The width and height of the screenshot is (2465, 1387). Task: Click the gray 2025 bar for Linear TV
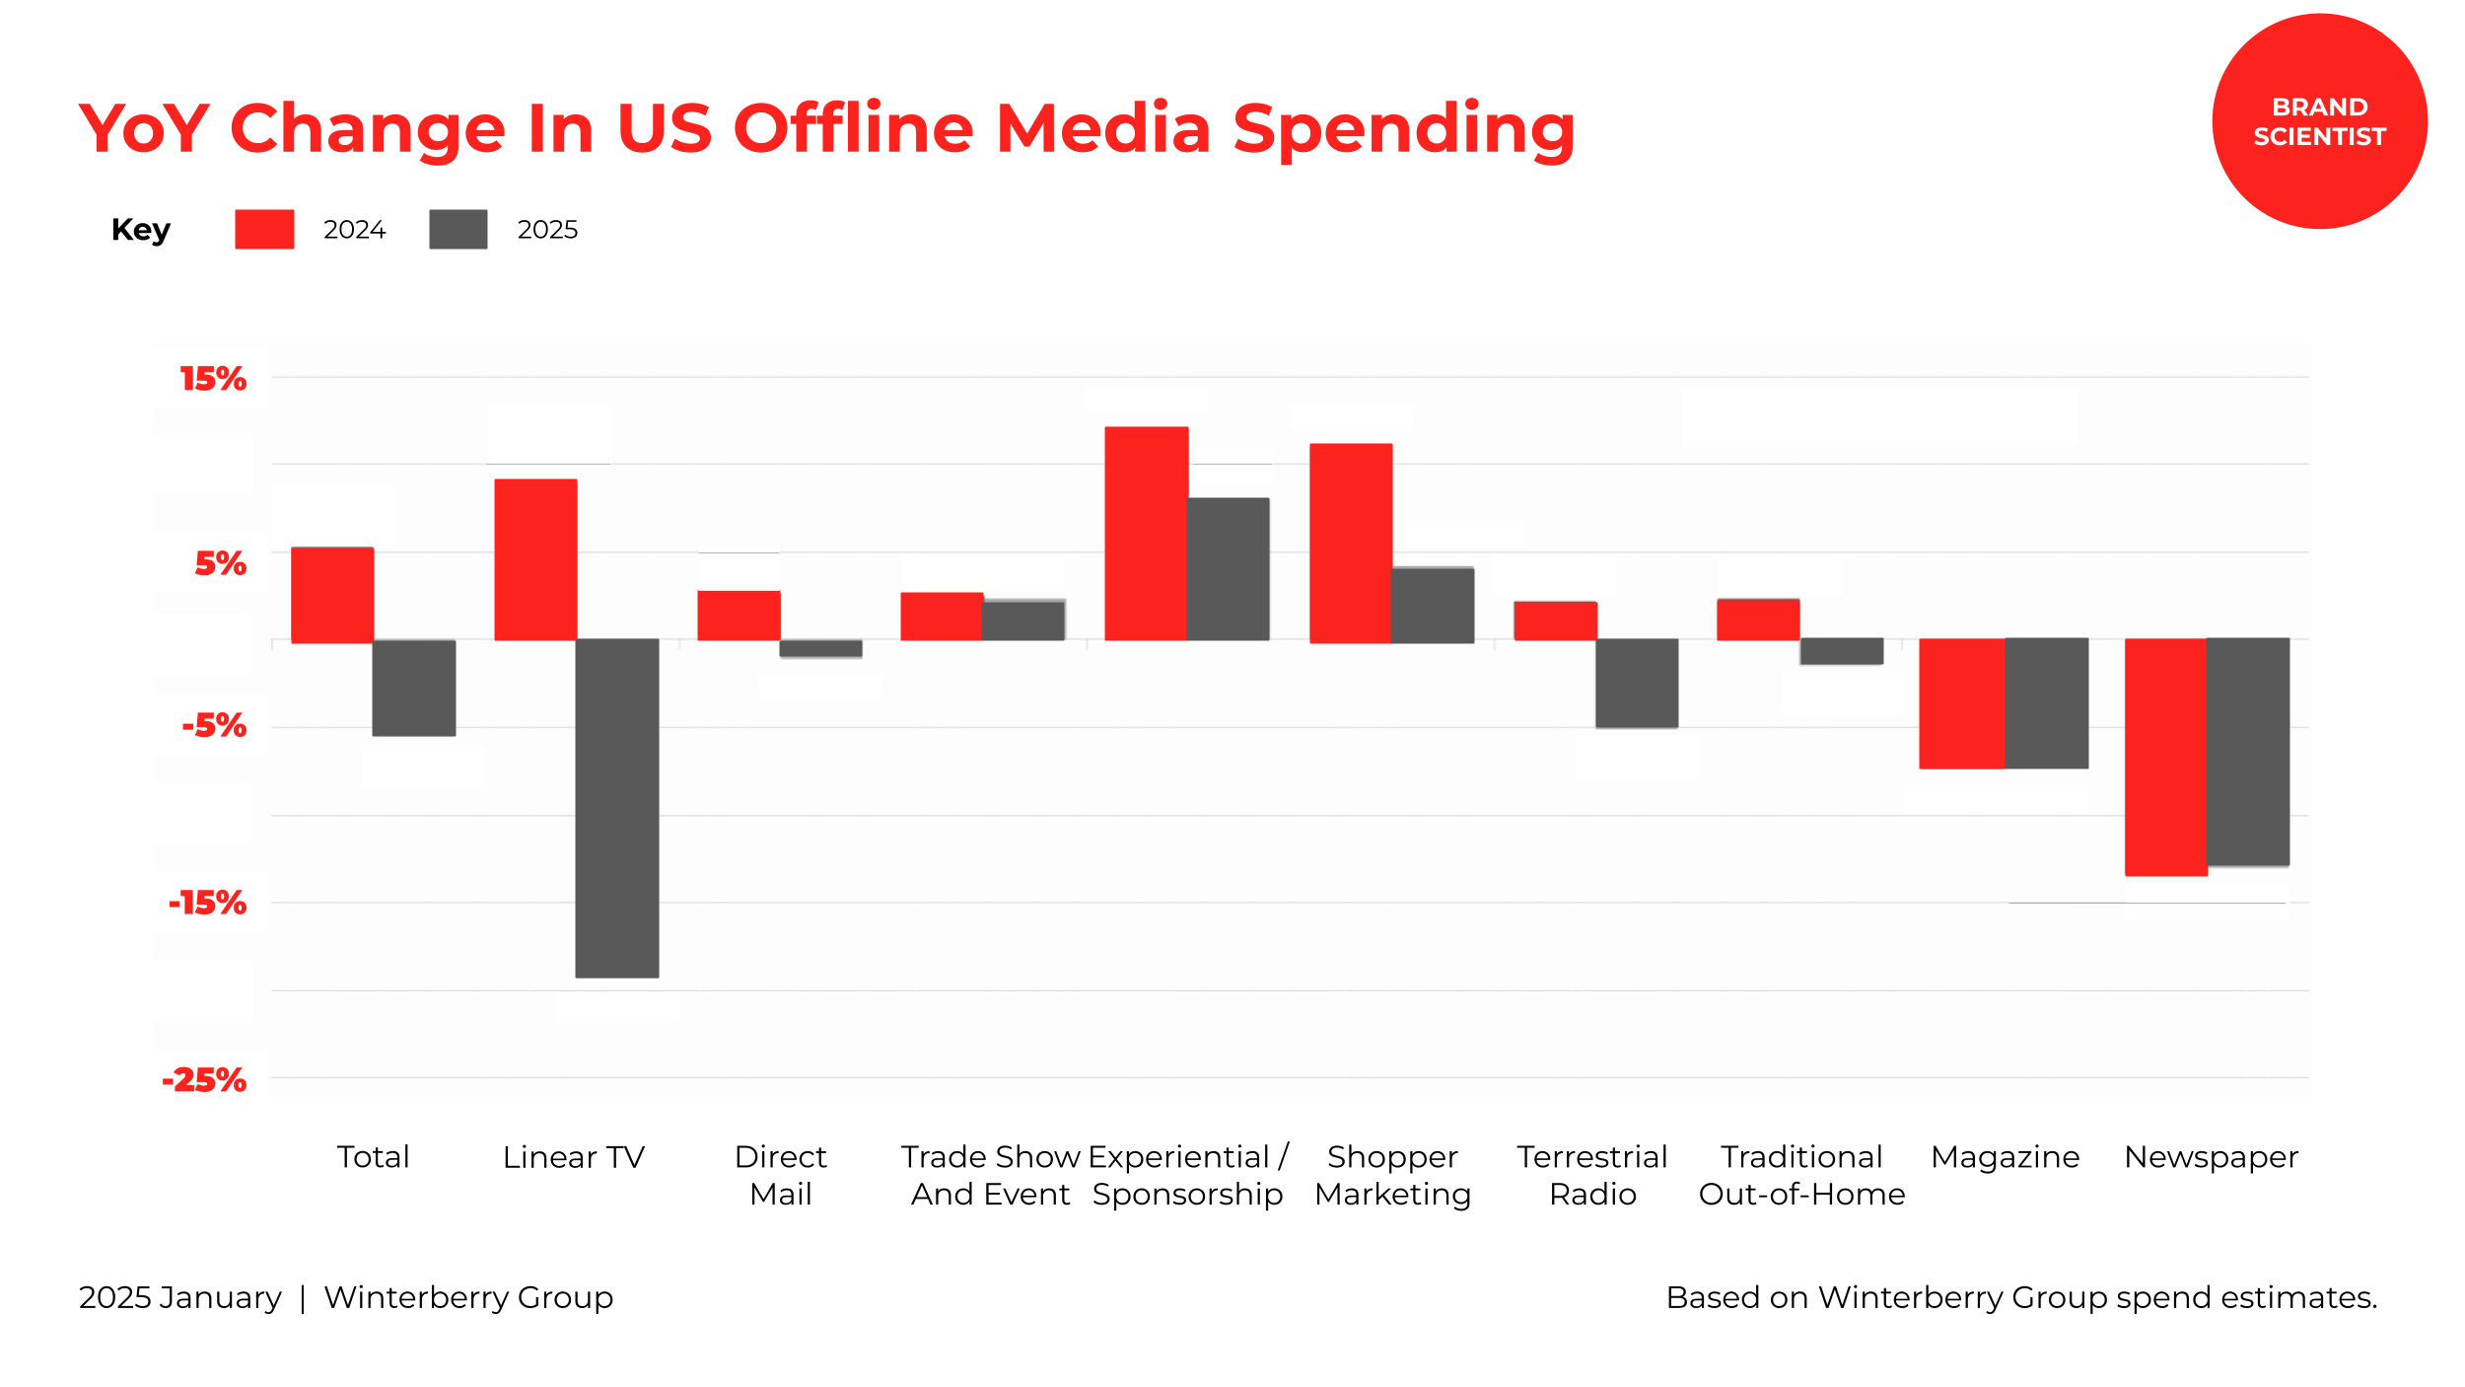(x=616, y=808)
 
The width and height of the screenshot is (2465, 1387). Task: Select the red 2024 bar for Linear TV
(x=535, y=559)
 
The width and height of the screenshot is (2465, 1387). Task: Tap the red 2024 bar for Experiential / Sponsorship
(x=1146, y=534)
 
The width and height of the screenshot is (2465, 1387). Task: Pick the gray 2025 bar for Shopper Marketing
(x=1433, y=605)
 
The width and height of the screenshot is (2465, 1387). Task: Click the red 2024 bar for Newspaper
(x=2165, y=757)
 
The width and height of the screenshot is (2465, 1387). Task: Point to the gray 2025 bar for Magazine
(x=2046, y=703)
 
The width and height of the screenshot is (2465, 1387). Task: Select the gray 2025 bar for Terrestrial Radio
(x=1637, y=683)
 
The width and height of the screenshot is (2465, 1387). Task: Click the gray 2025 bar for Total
(x=413, y=688)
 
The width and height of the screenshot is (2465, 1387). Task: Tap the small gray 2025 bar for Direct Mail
(x=820, y=648)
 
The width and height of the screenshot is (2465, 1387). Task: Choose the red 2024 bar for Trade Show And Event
(x=942, y=617)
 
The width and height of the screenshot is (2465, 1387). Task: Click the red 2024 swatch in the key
(x=264, y=229)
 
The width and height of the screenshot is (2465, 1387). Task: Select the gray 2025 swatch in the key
(x=458, y=229)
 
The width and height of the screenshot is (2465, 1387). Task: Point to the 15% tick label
(x=213, y=379)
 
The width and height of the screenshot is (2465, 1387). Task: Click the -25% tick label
(x=204, y=1080)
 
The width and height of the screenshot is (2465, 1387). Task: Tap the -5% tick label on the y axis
(x=214, y=726)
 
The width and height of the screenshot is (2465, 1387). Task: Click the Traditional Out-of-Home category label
(x=1801, y=1175)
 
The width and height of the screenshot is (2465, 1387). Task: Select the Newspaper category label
(x=2211, y=1156)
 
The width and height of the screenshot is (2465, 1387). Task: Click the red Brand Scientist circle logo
(x=2319, y=121)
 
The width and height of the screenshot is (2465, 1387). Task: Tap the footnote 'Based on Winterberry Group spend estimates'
(x=2021, y=1297)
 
